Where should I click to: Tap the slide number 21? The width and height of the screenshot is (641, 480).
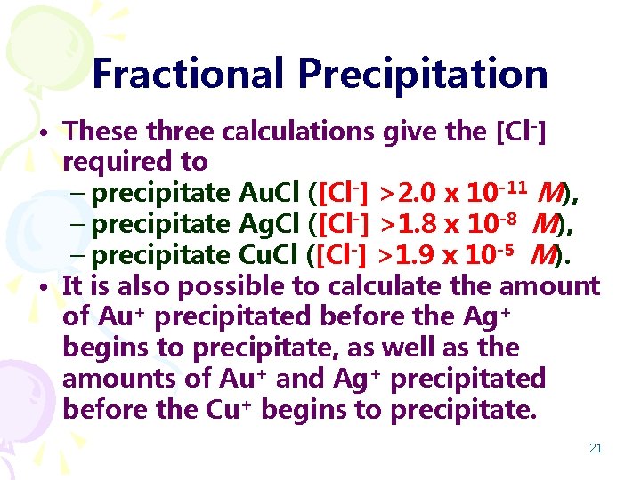[596, 448]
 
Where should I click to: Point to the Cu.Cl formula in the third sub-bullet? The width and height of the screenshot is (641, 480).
[270, 256]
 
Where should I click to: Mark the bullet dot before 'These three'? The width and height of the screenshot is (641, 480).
[44, 134]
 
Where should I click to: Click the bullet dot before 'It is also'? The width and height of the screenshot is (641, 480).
[44, 288]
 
